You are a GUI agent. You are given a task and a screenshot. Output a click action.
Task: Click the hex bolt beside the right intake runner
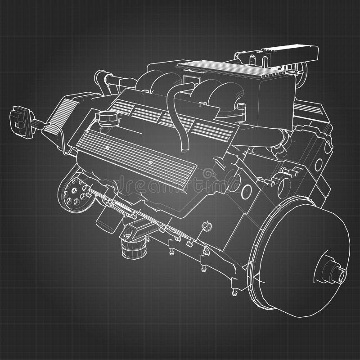[x=241, y=107]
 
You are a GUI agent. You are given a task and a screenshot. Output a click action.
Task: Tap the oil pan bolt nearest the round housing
[x=234, y=292]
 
